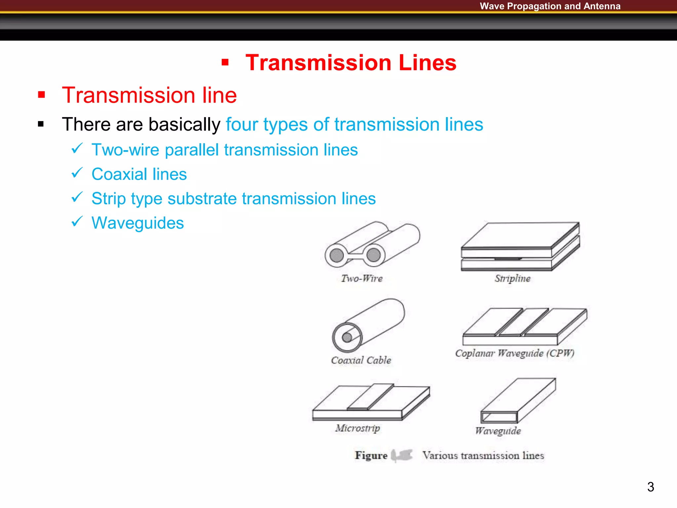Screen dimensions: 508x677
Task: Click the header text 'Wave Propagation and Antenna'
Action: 550,6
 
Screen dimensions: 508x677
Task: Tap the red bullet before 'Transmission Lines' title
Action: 225,62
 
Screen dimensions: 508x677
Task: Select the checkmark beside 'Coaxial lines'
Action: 77,173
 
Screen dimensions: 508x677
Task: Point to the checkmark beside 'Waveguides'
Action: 77,222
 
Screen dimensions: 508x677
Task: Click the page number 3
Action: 650,487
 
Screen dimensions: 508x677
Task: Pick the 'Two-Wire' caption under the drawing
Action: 362,278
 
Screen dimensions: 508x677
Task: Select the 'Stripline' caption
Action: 512,278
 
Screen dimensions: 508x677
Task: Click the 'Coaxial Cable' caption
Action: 361,360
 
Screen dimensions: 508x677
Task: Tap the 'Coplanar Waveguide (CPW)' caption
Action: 515,353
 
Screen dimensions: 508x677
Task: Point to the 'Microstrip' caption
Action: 358,428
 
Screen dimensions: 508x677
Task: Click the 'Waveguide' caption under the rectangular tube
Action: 498,431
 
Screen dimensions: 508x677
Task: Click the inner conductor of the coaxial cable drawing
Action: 347,337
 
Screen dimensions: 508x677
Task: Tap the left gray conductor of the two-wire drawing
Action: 337,255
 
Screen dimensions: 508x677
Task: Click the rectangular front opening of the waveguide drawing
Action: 499,417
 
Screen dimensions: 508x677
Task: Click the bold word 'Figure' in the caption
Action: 371,455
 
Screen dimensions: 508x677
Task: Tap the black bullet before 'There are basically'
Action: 41,124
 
